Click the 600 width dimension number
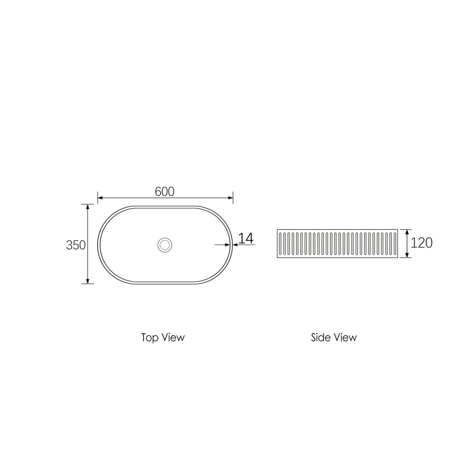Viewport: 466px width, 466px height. click(x=165, y=191)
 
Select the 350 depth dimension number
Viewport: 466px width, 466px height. click(x=76, y=245)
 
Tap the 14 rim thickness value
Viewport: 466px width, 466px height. click(x=246, y=238)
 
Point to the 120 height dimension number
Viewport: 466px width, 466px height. click(x=421, y=243)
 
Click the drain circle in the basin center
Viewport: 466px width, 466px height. click(x=165, y=244)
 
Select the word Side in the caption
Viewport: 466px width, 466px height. click(x=321, y=337)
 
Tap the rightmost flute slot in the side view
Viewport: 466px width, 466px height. click(x=394, y=243)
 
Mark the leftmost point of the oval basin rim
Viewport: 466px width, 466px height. click(x=98, y=245)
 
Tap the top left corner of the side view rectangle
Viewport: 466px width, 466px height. click(x=278, y=230)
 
